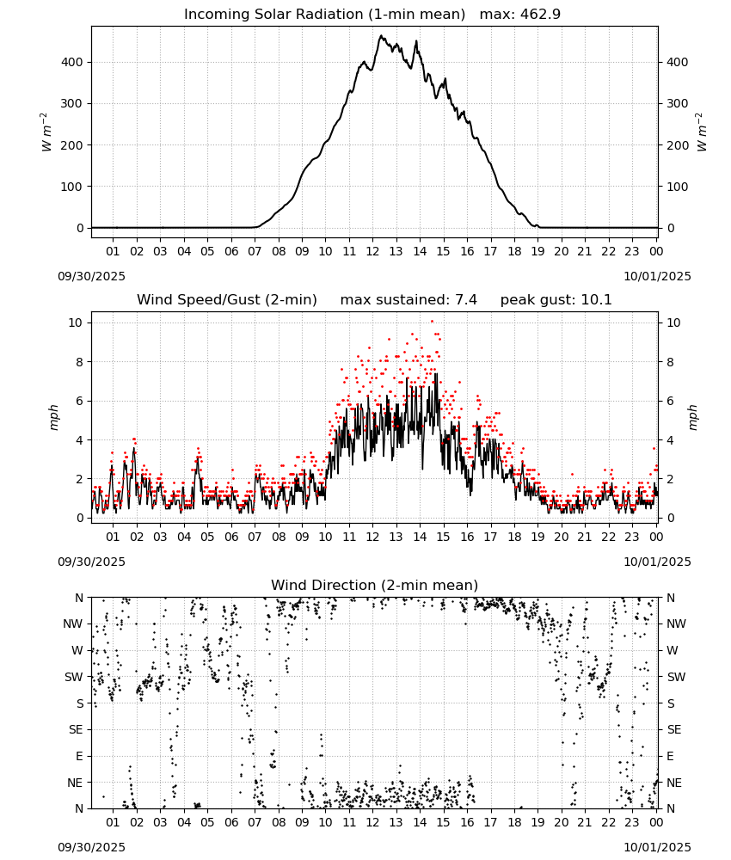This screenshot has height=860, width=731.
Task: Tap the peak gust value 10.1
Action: (x=594, y=300)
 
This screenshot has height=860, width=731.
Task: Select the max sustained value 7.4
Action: (x=465, y=300)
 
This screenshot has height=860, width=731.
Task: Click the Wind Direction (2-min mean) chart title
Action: (x=375, y=585)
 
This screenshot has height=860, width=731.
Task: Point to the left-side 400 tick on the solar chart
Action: (x=72, y=63)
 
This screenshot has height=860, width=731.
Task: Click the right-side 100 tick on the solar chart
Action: (x=678, y=187)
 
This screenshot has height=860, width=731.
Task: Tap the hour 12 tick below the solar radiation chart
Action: (x=373, y=252)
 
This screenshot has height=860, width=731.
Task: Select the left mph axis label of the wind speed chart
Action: (x=53, y=417)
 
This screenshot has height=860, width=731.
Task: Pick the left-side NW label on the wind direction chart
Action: (x=73, y=624)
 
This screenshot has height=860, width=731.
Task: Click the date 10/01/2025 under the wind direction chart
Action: (x=657, y=847)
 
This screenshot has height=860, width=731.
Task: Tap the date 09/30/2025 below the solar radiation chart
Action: (x=91, y=276)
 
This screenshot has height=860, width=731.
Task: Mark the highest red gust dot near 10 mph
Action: (x=432, y=321)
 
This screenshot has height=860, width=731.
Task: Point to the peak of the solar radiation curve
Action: (x=381, y=35)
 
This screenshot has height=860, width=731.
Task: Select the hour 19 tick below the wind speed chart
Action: (x=538, y=537)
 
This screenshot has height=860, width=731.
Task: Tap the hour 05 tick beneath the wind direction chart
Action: (x=207, y=823)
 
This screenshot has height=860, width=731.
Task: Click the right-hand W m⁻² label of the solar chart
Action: (x=702, y=132)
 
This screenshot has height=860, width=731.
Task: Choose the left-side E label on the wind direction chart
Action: (x=79, y=756)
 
